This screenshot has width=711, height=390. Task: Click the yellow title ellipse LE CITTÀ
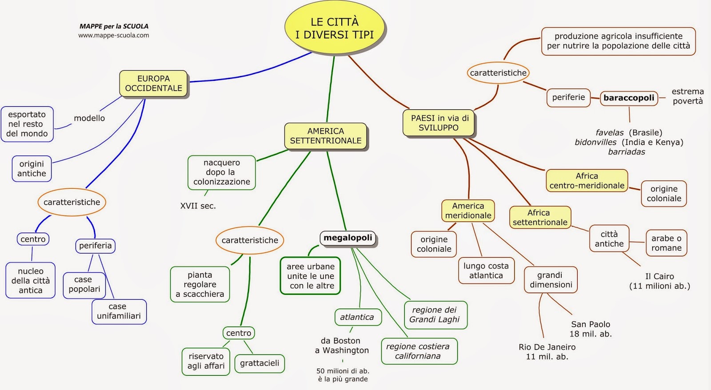[334, 28]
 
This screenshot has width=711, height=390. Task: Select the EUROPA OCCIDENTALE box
[153, 84]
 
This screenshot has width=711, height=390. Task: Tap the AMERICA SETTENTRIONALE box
[326, 136]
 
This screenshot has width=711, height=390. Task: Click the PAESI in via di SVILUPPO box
[439, 123]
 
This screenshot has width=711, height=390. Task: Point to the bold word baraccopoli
[628, 98]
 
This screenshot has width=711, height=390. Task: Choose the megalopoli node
[348, 238]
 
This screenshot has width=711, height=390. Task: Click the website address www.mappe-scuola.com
[114, 36]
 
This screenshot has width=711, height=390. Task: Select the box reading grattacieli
[260, 363]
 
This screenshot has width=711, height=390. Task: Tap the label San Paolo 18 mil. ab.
[591, 329]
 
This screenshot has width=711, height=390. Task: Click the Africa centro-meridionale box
[587, 181]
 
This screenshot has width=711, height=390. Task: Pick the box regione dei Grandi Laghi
[435, 315]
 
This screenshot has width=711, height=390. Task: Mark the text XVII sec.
[198, 206]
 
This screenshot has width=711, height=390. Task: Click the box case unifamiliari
[119, 311]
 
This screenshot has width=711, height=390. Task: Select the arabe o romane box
[666, 243]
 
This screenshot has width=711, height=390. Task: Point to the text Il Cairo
[659, 276]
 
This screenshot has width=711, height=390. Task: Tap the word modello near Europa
[89, 118]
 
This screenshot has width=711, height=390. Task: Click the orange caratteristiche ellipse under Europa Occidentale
[72, 202]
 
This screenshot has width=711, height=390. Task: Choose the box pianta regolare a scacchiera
[200, 284]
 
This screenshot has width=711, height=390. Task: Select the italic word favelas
[609, 133]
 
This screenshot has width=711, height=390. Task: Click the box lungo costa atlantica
[486, 271]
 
